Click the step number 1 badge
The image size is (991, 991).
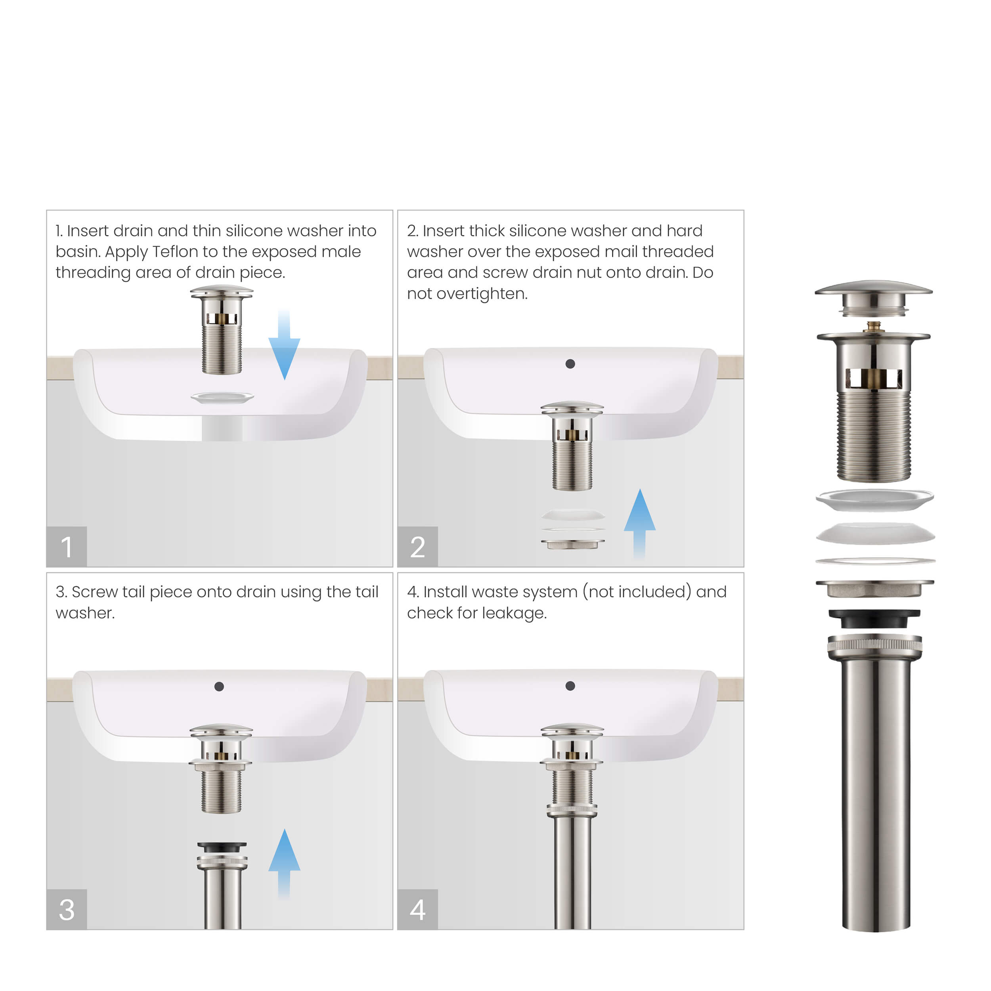(67, 546)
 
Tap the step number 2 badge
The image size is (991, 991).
(417, 546)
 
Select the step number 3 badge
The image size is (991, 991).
(67, 909)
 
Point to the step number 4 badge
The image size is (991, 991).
(417, 909)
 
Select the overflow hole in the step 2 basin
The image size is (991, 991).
(570, 363)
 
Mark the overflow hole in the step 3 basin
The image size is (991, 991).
(219, 686)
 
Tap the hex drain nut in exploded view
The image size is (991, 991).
(874, 589)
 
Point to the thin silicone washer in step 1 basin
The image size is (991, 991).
(222, 398)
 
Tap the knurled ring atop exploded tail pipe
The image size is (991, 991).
(874, 645)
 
